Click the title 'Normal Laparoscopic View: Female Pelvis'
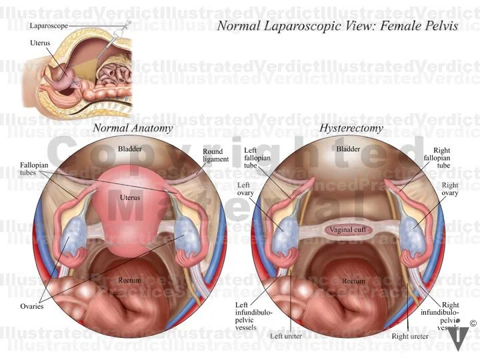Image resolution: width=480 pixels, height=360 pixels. (x=337, y=26)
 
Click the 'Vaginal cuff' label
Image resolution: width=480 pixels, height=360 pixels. (x=348, y=230)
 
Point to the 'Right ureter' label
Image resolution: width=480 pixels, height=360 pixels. (x=410, y=336)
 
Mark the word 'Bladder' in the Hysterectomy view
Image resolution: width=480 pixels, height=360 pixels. (x=348, y=149)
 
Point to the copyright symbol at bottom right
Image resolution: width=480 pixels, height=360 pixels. (x=473, y=323)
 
